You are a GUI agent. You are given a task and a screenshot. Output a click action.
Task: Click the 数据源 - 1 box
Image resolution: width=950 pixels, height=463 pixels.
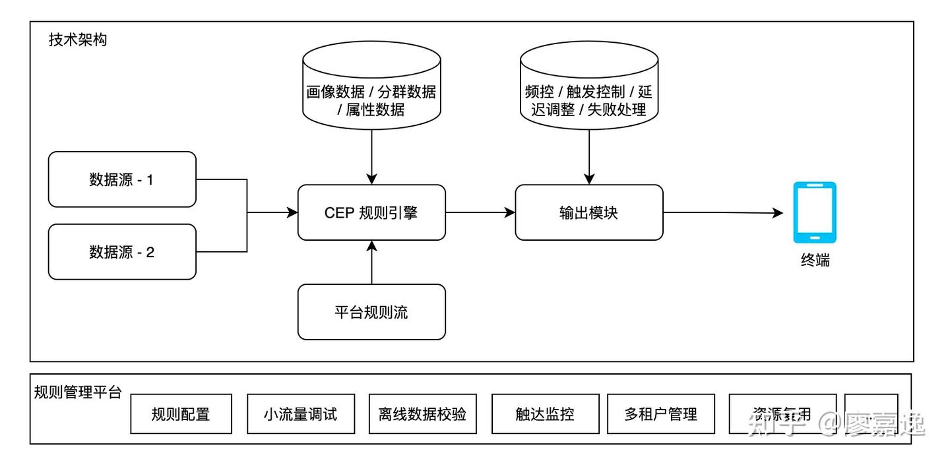coord(122,179)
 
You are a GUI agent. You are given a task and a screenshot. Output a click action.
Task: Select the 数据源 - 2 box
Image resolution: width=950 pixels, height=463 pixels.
coord(122,252)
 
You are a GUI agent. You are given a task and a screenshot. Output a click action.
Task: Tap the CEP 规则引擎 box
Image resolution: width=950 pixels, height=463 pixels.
coord(371,212)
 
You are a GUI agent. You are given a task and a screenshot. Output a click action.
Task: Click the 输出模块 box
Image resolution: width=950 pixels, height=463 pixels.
coord(588,212)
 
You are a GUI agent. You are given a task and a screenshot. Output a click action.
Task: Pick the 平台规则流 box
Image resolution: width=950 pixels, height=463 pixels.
coord(371,312)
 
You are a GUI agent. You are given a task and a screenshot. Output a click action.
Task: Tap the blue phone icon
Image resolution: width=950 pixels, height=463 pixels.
coord(815,212)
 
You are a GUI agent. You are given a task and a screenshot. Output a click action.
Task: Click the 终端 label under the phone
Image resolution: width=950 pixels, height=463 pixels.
coord(815,261)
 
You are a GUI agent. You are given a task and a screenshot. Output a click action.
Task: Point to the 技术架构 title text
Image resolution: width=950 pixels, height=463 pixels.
coord(78,40)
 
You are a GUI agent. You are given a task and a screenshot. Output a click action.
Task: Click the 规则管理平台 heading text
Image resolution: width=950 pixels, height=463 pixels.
coord(78,393)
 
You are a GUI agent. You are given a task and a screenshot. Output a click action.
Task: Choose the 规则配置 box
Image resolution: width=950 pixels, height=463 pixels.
coord(181,414)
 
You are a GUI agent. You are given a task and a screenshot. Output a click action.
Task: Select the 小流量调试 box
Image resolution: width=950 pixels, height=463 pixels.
coord(301,414)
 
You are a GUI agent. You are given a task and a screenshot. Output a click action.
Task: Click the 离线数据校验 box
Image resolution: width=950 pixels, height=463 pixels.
coord(423,414)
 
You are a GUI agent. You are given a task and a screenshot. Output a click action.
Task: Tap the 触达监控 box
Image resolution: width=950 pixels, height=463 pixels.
coord(545,414)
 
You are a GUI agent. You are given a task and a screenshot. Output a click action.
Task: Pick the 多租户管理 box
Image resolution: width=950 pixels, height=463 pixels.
coord(660,414)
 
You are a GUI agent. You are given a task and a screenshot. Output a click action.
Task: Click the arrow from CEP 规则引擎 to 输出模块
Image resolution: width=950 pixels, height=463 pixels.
coord(480,212)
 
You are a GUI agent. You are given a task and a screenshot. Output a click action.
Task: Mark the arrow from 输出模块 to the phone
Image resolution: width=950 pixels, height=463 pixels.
coord(722,212)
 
